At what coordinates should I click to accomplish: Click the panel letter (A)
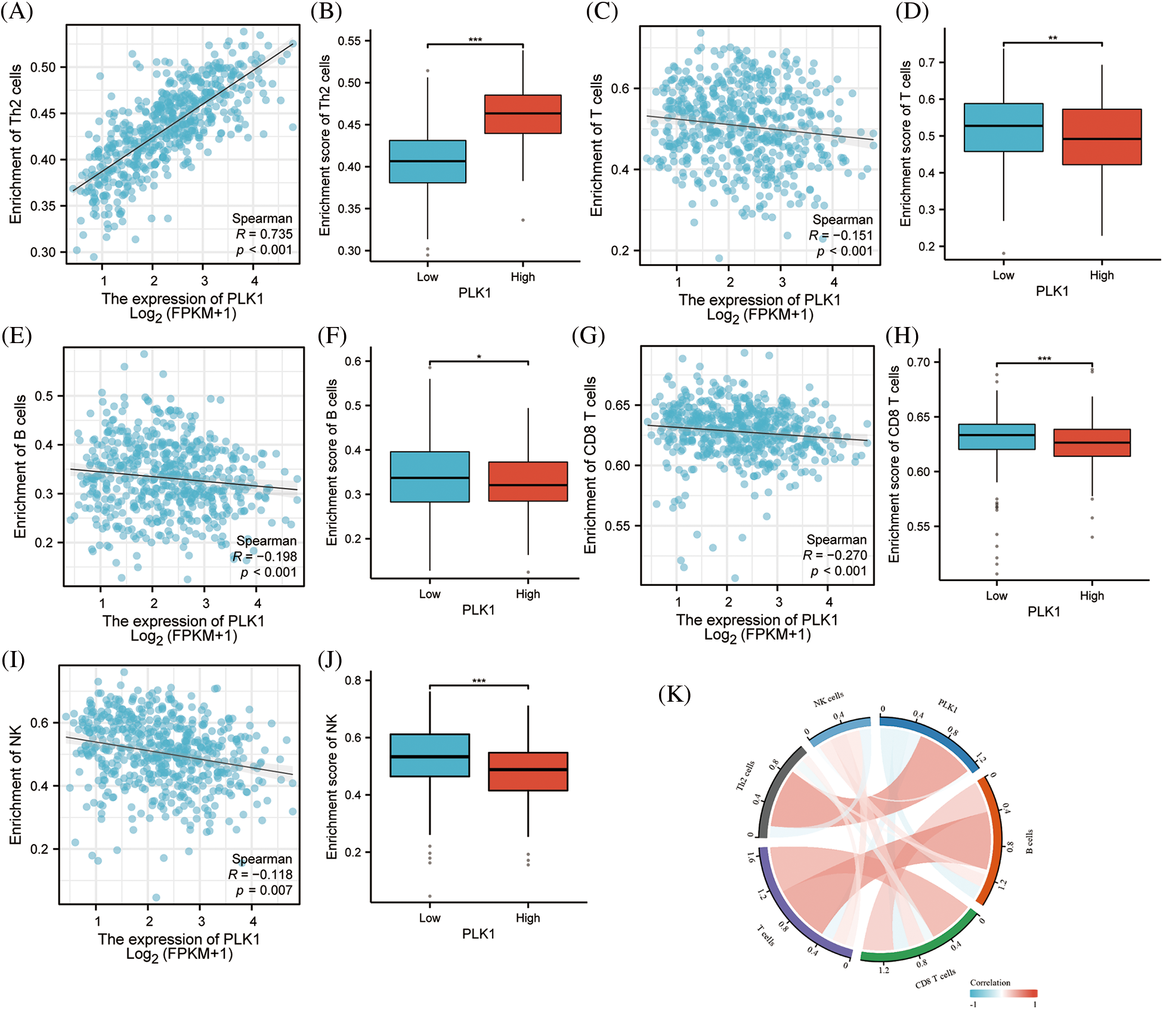(17, 11)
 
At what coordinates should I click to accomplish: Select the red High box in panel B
(522, 114)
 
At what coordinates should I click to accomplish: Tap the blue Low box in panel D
(1003, 128)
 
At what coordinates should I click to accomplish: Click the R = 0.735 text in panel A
(264, 234)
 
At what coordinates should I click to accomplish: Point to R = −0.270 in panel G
(834, 556)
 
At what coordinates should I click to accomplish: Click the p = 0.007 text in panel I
(264, 890)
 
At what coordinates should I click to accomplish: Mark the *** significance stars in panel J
(478, 681)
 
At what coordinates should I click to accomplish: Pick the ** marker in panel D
(1053, 39)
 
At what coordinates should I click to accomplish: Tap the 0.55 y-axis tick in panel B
(349, 41)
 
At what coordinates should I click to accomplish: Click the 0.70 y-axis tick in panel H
(918, 362)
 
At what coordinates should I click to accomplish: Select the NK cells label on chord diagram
(828, 699)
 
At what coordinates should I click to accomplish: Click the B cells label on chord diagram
(1029, 842)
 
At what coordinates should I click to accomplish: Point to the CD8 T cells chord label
(935, 978)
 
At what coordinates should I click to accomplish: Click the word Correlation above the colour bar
(990, 983)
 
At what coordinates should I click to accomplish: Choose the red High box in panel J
(528, 772)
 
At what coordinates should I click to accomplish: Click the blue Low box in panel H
(997, 437)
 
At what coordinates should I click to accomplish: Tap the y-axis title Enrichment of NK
(16, 785)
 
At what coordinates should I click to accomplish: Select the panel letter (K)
(675, 695)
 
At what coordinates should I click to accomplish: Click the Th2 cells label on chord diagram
(745, 776)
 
